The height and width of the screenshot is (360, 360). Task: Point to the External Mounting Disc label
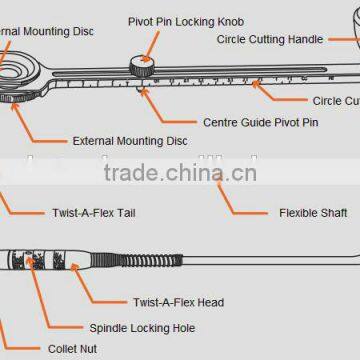(x=130, y=142)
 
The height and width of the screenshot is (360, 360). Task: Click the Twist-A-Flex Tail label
(x=94, y=212)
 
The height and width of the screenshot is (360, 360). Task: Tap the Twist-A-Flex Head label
(x=178, y=302)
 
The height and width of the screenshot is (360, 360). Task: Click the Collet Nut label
(x=73, y=349)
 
